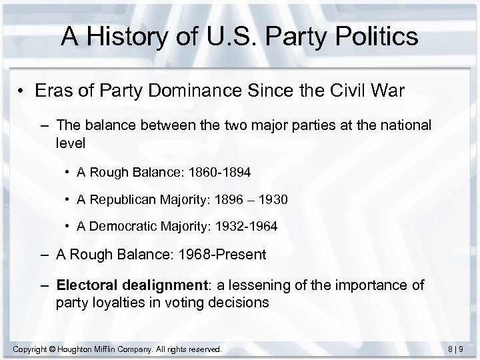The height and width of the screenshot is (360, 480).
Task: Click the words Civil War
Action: pos(371,89)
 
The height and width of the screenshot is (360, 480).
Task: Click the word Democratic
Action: pos(122,226)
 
